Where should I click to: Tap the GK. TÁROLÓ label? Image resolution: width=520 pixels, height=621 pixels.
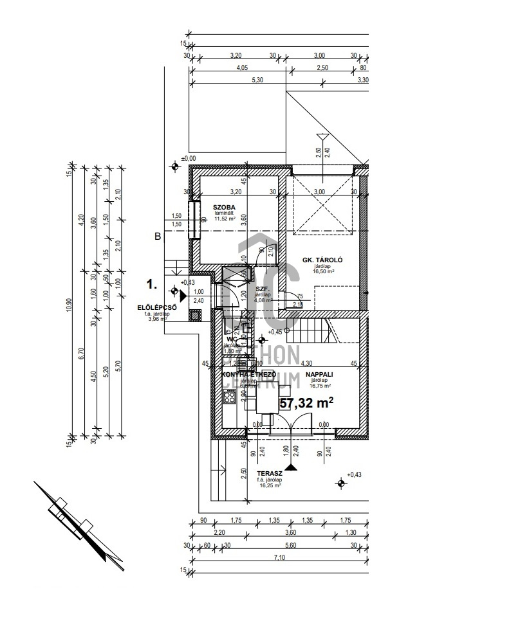pos(322,260)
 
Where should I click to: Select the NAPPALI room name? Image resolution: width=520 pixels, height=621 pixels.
pos(319,373)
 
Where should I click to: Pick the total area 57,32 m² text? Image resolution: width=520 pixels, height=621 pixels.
pos(307,403)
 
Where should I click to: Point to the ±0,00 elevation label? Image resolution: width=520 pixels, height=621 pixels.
pos(189,158)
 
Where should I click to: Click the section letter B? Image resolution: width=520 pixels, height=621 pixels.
pos(157,237)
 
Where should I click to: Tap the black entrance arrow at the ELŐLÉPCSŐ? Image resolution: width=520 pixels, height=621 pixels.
pos(182,296)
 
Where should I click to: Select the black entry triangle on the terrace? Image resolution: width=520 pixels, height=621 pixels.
pos(292,467)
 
